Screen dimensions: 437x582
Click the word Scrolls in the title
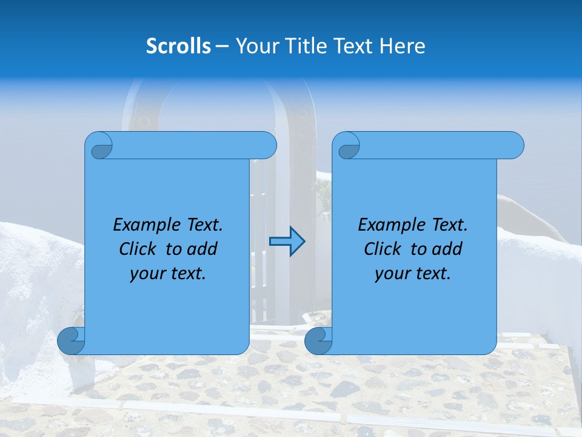pos(178,46)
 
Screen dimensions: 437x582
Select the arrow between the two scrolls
pos(287,242)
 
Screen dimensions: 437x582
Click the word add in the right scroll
pos(447,249)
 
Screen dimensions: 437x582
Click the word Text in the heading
pos(352,46)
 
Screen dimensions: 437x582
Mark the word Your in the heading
pos(255,46)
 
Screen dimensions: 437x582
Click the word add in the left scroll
pos(202,249)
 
